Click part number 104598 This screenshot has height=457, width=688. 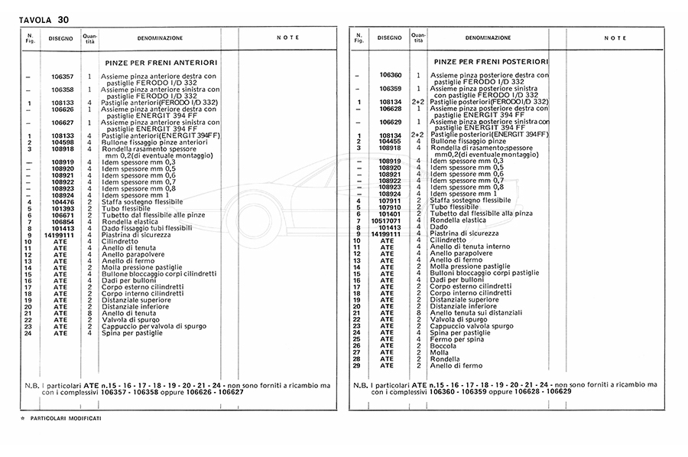[x=62, y=142]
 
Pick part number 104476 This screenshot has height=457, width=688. [x=62, y=201]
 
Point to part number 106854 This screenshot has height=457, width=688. [x=62, y=221]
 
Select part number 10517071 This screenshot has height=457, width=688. [x=387, y=221]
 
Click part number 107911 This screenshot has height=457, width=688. [x=389, y=201]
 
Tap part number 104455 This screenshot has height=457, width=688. [x=389, y=142]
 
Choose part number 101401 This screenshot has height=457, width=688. [x=389, y=214]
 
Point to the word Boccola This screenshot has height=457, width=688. [x=445, y=345]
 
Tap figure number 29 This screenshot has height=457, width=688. [x=356, y=365]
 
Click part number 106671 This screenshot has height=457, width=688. [x=62, y=214]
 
